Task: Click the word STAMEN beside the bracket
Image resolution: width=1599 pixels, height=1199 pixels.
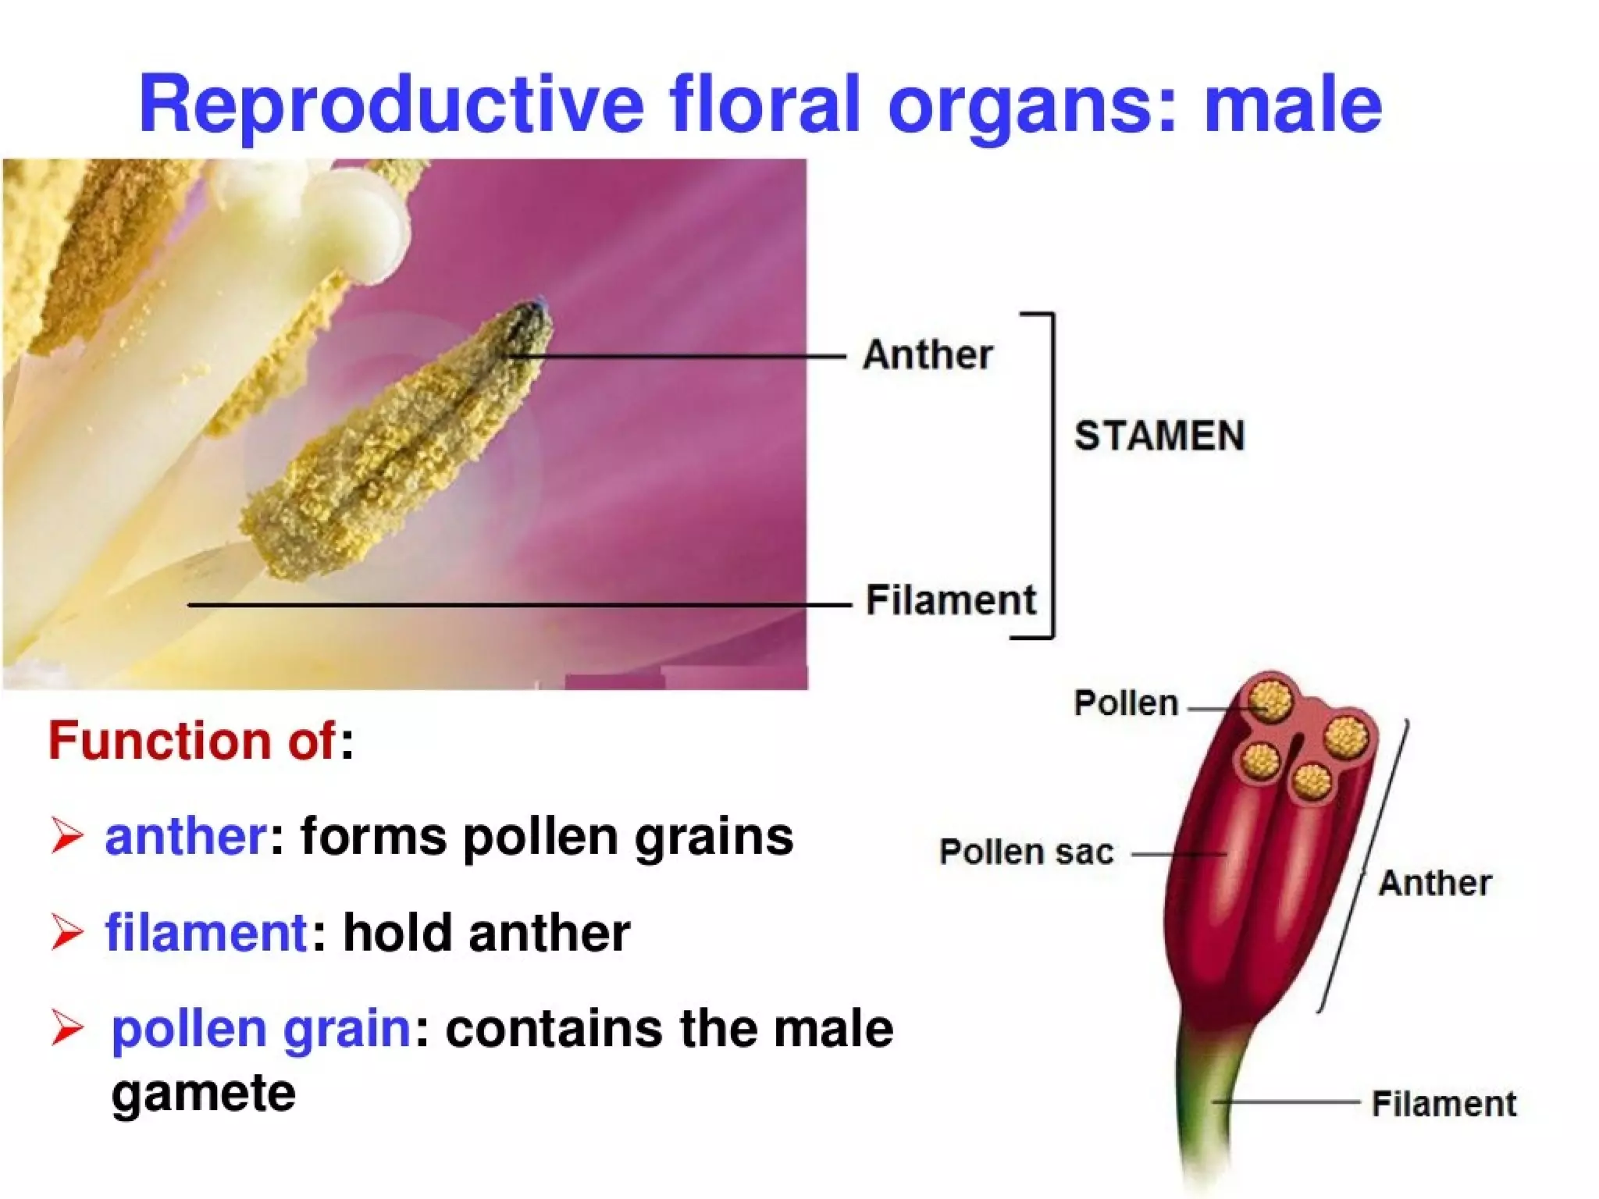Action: [x=1159, y=436]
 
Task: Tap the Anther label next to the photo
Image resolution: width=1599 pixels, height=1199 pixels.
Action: [x=928, y=354]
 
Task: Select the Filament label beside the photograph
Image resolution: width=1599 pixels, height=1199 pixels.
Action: [x=950, y=600]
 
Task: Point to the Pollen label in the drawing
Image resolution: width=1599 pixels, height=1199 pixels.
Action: [x=1125, y=703]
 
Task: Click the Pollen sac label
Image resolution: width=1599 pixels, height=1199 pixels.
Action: [x=1026, y=852]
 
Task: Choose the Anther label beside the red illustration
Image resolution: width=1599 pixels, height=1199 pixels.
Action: [x=1434, y=883]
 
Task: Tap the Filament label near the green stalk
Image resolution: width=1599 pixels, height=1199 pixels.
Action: [x=1444, y=1104]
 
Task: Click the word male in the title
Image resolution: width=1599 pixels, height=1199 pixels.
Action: [x=1293, y=104]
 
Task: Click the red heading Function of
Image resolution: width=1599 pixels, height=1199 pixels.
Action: [x=192, y=740]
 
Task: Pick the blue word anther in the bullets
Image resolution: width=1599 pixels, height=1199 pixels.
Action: [x=186, y=836]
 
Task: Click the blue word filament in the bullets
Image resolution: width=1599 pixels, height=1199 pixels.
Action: [x=206, y=932]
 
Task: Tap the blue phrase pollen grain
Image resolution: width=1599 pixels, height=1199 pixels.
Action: [x=261, y=1028]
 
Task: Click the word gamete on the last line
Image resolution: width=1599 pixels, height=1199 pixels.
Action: [x=203, y=1092]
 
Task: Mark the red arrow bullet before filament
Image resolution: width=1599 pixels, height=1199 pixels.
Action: [x=67, y=932]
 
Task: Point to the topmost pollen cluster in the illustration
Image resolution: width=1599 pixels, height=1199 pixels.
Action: [x=1270, y=699]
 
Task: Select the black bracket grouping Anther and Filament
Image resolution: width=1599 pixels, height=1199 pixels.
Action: [x=1052, y=476]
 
